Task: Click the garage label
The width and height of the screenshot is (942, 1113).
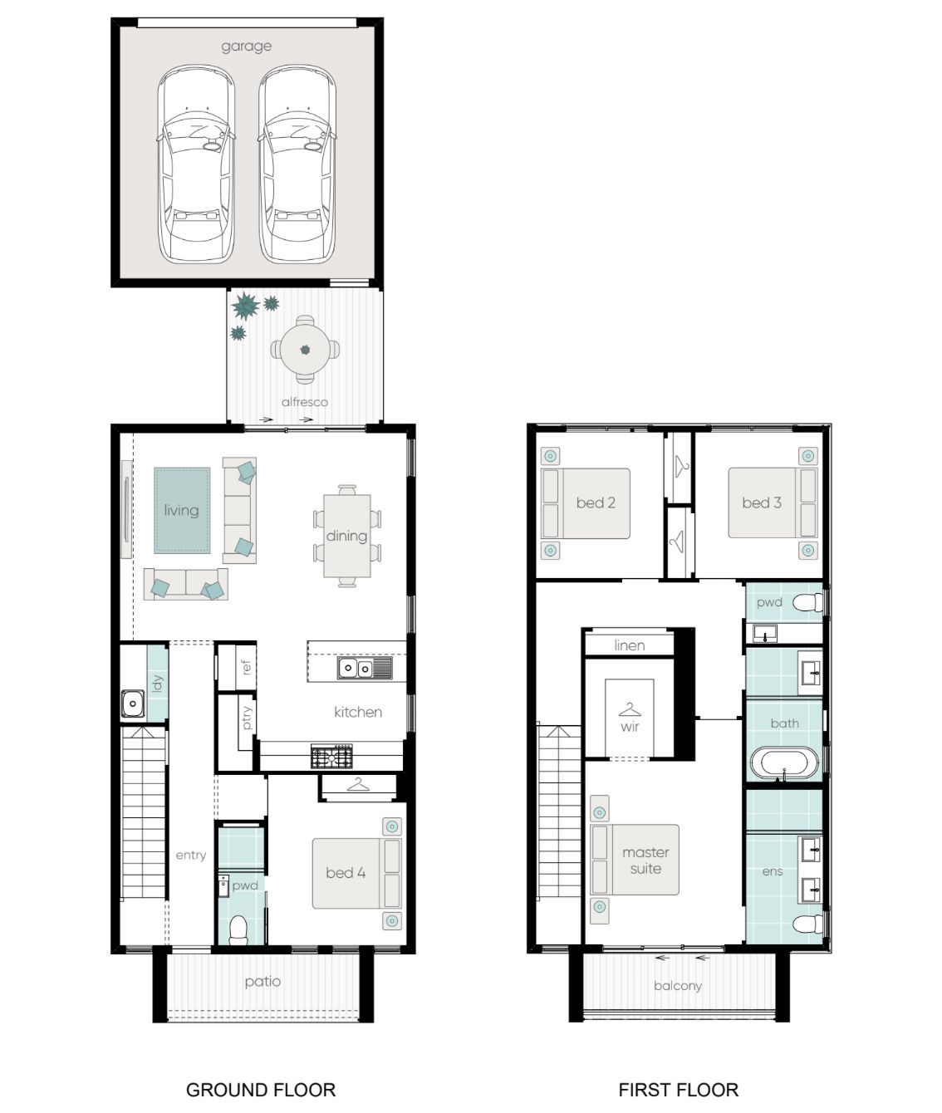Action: (246, 47)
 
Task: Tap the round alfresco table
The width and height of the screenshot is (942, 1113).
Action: (305, 350)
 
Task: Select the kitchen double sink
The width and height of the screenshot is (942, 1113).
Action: (365, 668)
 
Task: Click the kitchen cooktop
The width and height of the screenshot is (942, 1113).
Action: (331, 756)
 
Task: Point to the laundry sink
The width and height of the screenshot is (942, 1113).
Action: (132, 704)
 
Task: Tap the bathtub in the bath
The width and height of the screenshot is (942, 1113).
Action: (783, 762)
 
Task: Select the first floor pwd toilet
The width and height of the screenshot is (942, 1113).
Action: (808, 602)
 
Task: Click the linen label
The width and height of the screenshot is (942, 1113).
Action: (629, 645)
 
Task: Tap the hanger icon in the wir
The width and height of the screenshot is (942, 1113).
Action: (629, 710)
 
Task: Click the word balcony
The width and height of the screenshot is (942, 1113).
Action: (678, 986)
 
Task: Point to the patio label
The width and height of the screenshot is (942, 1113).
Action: (262, 982)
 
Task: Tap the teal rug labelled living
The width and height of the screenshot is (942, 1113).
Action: (182, 510)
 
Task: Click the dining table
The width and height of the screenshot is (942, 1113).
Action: (347, 536)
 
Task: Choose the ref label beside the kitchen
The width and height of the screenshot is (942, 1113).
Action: (246, 667)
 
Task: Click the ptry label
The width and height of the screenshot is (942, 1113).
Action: (247, 718)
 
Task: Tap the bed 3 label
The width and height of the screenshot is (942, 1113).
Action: (762, 503)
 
